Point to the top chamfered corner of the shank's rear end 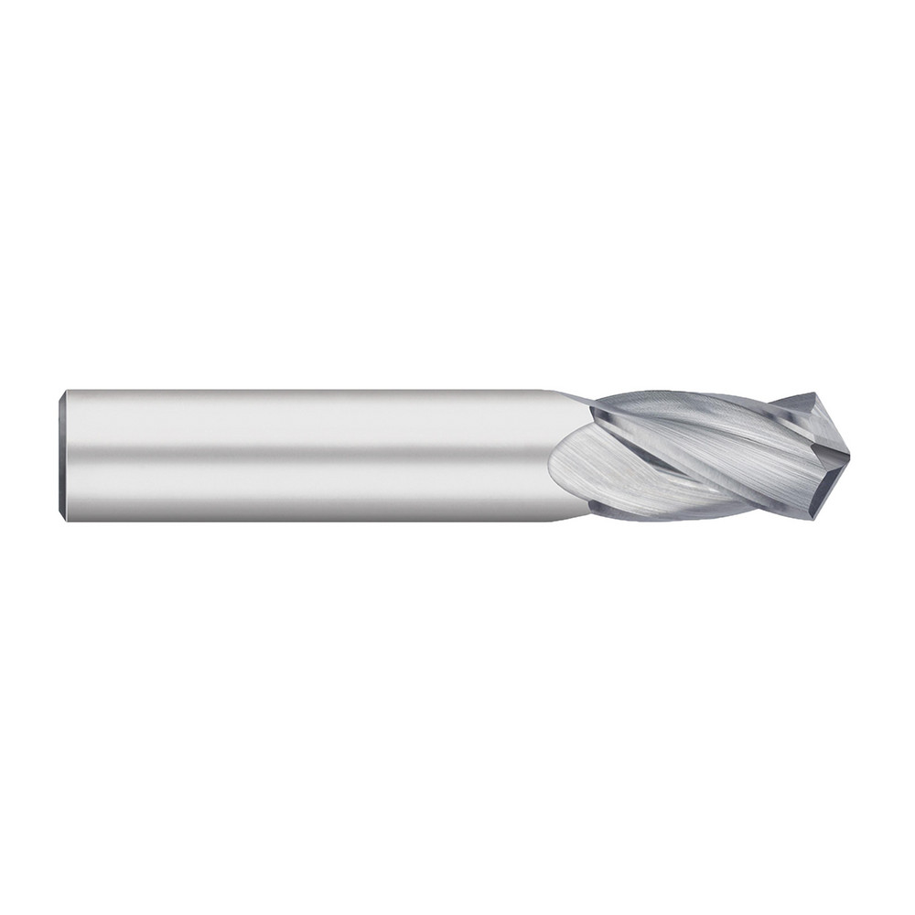click(x=63, y=394)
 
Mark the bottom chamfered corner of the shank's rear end click(x=63, y=518)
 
